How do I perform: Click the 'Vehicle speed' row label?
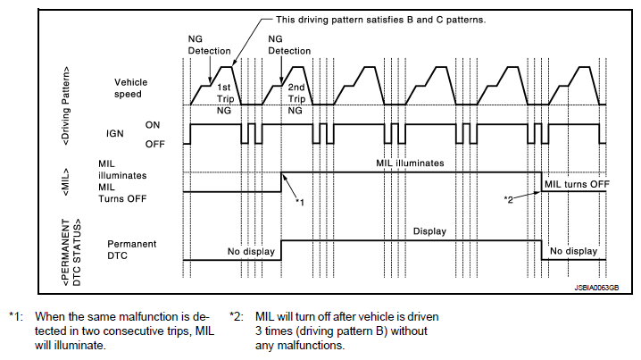point(121,87)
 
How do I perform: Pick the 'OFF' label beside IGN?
point(154,141)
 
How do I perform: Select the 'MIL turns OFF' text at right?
point(577,183)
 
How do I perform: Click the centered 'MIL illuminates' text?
point(410,163)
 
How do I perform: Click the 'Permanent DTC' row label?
point(131,249)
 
